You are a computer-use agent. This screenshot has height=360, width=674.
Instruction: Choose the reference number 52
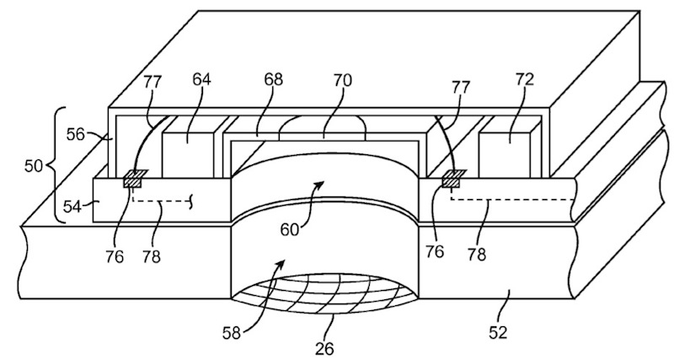tap(499, 332)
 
